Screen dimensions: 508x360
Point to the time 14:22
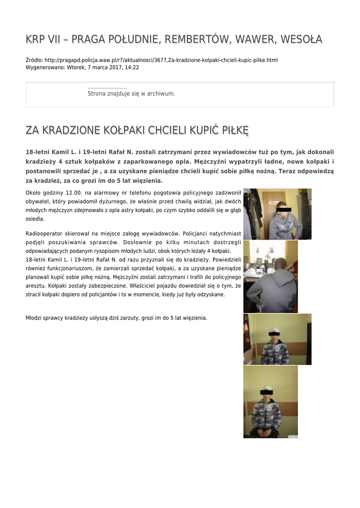[x=132, y=67]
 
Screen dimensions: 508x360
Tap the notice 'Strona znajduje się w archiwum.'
[x=131, y=93]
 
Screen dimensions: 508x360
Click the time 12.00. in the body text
[x=82, y=192]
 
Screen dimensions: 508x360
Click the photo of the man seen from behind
[x=271, y=277]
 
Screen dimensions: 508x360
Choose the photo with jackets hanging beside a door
[x=277, y=214]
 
